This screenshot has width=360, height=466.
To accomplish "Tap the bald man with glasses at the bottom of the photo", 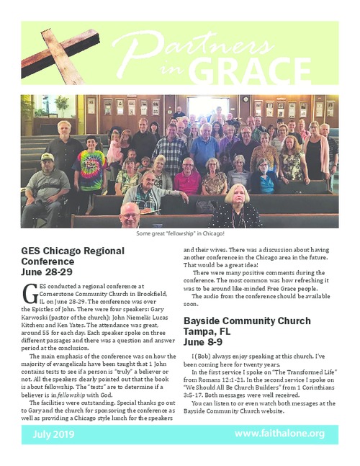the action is [130, 215].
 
